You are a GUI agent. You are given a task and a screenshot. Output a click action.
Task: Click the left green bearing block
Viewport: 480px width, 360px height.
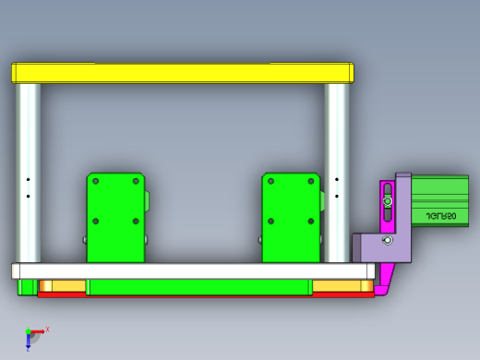point(115,217)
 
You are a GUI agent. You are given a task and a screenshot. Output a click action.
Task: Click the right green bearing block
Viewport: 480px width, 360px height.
point(291,217)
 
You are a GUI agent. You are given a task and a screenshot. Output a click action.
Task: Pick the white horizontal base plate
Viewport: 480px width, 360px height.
point(194,271)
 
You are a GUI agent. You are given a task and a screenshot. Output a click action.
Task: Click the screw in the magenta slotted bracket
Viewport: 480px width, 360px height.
point(388,201)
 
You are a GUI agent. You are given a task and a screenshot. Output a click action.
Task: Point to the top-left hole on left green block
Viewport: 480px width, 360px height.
point(95,182)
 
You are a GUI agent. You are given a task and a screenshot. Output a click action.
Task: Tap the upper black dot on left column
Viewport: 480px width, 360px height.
point(29,179)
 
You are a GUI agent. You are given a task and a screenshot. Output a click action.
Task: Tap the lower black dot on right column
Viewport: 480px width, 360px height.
point(337,196)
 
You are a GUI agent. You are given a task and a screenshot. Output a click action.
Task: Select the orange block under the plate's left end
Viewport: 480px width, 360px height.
point(60,286)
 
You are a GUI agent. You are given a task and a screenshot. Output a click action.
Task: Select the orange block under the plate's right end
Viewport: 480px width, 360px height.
point(342,286)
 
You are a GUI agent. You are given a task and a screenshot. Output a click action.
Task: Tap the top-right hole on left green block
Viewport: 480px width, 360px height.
point(136,182)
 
